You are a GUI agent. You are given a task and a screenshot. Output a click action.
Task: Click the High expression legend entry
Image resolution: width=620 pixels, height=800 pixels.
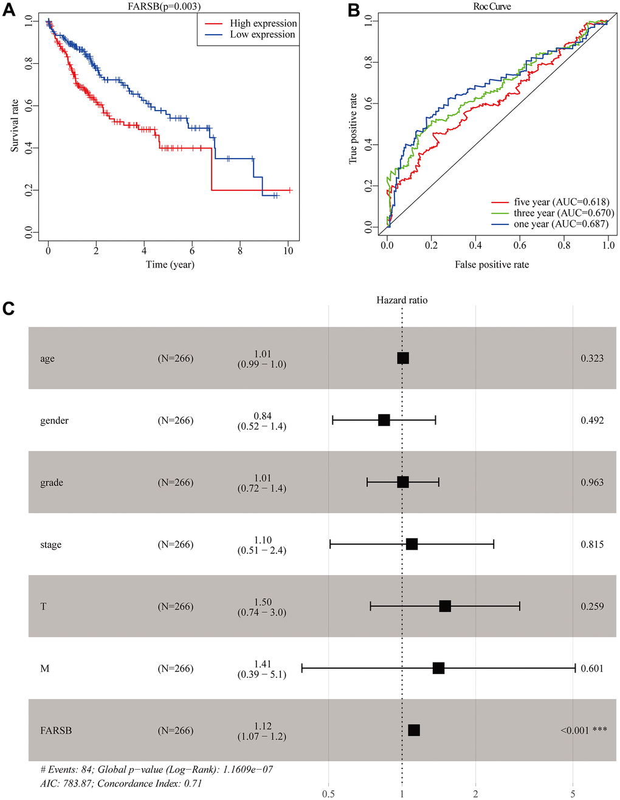[263, 23]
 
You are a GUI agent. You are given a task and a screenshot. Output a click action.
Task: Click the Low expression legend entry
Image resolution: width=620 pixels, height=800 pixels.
[262, 35]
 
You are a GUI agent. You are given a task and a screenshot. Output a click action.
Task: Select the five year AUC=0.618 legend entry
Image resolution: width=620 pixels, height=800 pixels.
[561, 202]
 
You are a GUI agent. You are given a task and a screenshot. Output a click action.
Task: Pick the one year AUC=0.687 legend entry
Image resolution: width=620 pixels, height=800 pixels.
[560, 224]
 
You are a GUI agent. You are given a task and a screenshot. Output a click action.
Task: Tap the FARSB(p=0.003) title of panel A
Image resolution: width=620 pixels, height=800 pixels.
[164, 7]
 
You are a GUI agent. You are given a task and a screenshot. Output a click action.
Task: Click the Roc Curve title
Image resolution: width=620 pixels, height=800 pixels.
[492, 7]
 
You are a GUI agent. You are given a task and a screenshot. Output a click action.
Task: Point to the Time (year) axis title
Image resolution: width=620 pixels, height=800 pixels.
[170, 264]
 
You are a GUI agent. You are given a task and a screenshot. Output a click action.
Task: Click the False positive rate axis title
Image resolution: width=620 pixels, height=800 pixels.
[492, 264]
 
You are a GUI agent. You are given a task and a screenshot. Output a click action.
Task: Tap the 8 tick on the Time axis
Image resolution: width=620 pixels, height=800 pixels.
[240, 250]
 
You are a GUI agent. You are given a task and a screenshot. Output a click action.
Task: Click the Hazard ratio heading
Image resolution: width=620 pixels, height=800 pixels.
[402, 300]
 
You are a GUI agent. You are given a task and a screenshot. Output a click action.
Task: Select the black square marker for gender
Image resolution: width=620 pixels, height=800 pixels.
[384, 420]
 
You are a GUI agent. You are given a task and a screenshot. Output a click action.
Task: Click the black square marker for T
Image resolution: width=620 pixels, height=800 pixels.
[445, 606]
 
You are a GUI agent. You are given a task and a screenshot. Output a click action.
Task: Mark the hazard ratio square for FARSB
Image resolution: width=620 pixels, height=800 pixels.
[414, 730]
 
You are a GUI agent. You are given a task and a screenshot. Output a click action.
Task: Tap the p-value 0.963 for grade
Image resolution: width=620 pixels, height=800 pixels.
[592, 483]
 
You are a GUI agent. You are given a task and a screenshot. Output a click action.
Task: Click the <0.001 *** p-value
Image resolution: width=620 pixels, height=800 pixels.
[584, 730]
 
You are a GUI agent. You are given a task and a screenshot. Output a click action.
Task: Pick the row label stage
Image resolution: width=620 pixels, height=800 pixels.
[51, 545]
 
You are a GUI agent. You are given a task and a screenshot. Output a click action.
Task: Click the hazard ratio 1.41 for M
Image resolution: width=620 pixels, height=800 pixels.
[263, 664]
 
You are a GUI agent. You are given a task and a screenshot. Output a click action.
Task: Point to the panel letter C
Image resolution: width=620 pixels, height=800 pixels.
[9, 309]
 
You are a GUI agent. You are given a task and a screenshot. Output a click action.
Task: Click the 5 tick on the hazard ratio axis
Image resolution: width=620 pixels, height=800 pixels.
[573, 793]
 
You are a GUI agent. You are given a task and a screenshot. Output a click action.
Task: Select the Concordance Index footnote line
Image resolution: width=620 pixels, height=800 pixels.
[121, 783]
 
